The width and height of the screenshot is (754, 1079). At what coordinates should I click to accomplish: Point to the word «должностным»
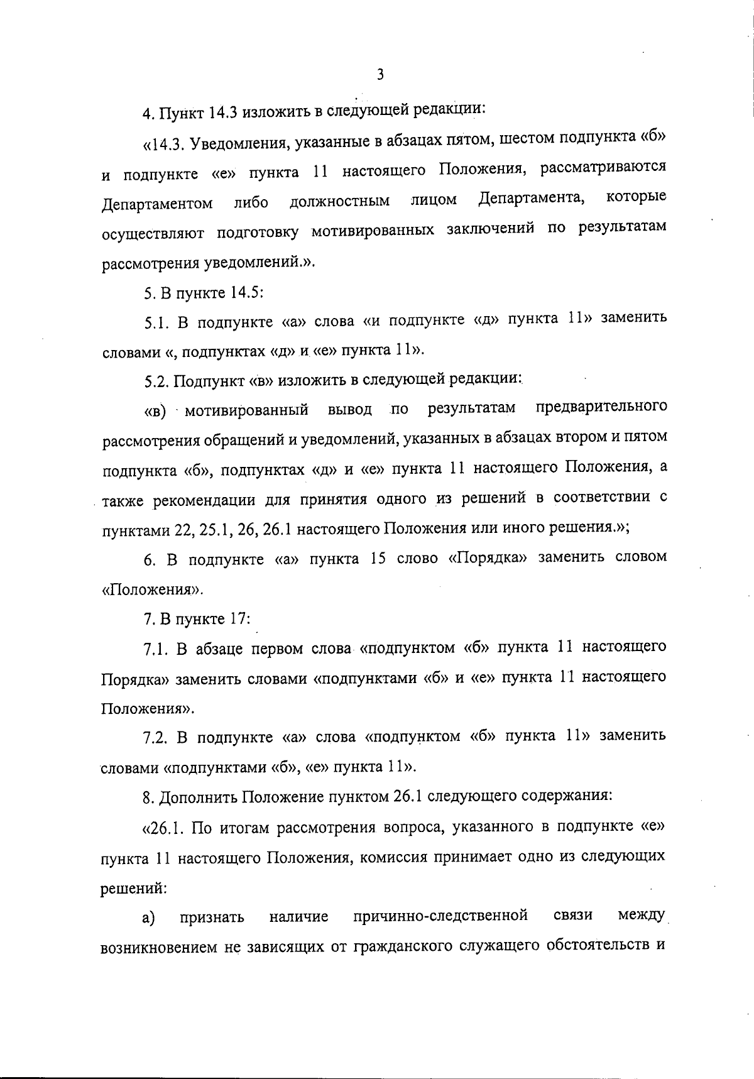click(x=339, y=202)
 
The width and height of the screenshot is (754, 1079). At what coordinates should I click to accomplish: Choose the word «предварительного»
click(x=601, y=407)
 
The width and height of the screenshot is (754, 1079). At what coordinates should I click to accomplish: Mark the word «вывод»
click(x=350, y=410)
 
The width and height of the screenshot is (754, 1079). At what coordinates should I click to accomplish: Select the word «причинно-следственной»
click(x=440, y=914)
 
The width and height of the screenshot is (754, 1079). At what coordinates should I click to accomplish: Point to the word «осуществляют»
click(x=153, y=233)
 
